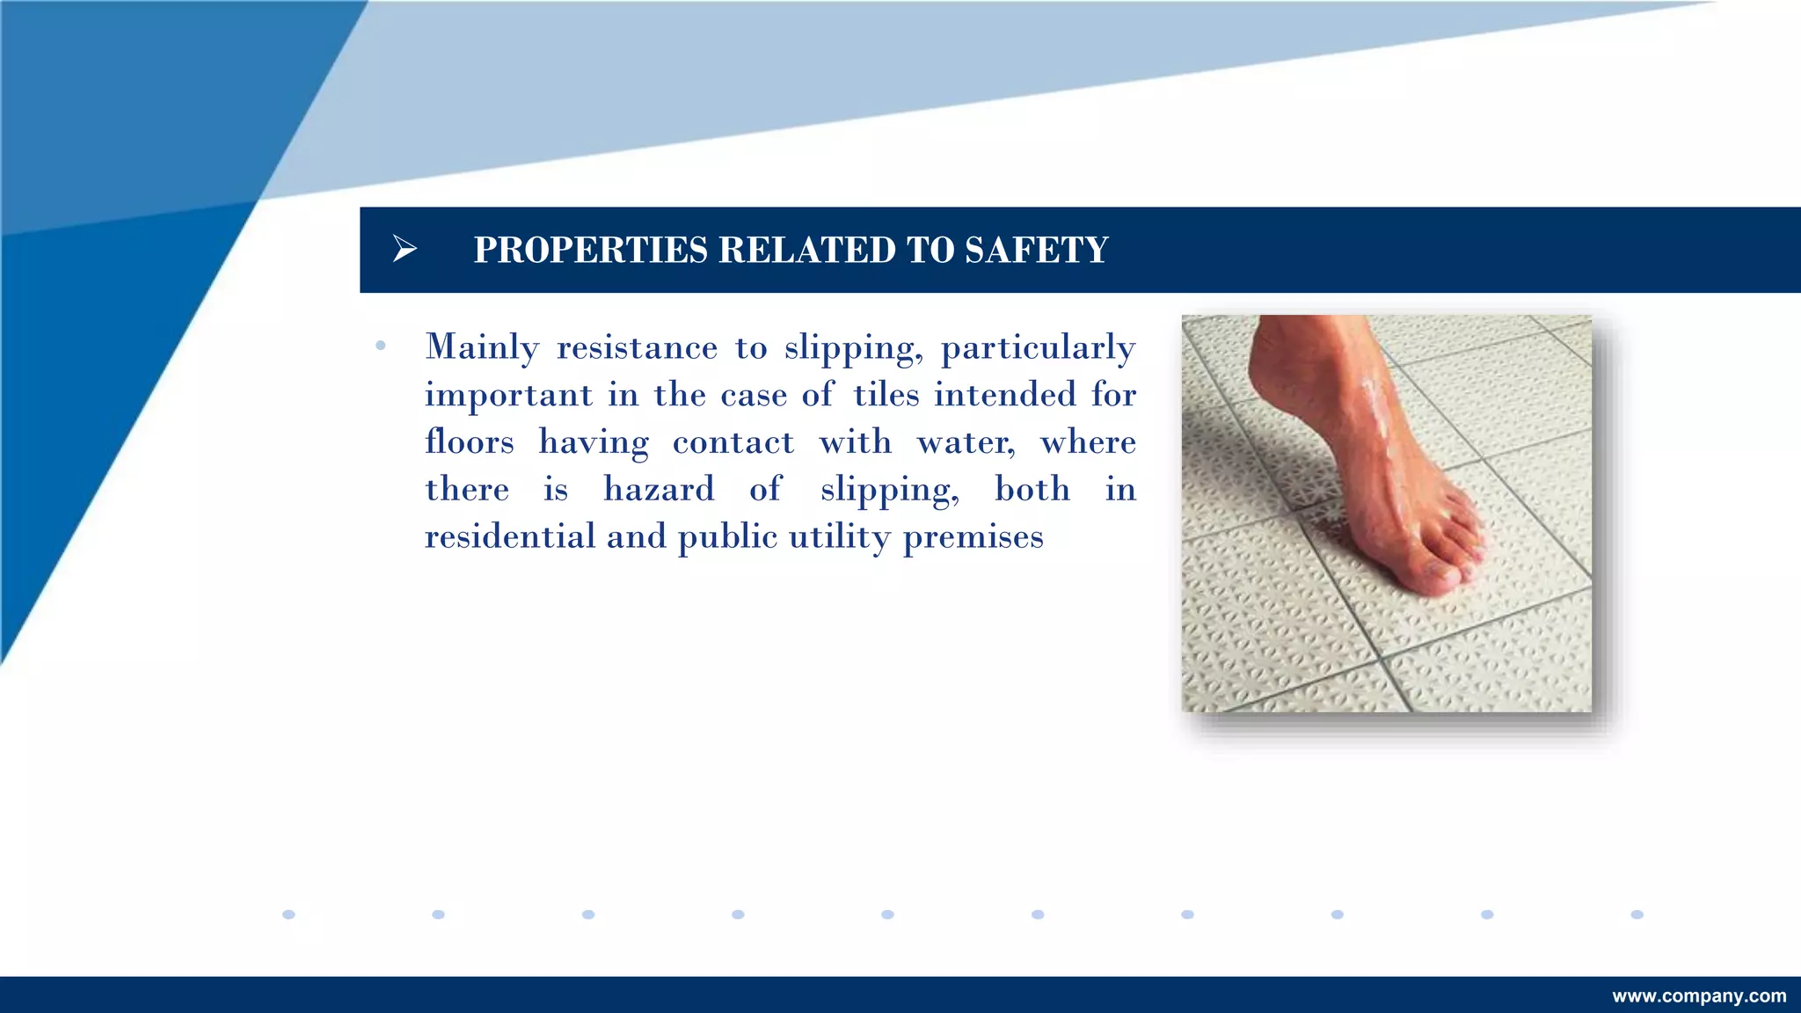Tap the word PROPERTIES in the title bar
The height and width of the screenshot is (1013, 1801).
coord(590,251)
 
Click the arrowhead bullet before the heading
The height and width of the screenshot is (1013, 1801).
coord(405,250)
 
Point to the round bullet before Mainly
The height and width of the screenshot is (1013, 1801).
coord(381,346)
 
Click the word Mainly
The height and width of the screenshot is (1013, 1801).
coord(482,348)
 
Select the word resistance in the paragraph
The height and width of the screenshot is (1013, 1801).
coord(637,348)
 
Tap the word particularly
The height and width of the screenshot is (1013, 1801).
coord(1038,348)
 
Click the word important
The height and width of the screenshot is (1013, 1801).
coord(508,396)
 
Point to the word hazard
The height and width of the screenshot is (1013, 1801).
coord(659,490)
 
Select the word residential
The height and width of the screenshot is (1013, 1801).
coord(510,536)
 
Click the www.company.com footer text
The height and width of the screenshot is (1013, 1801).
coord(1699,996)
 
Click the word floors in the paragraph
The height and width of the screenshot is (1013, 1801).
coord(470,442)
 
